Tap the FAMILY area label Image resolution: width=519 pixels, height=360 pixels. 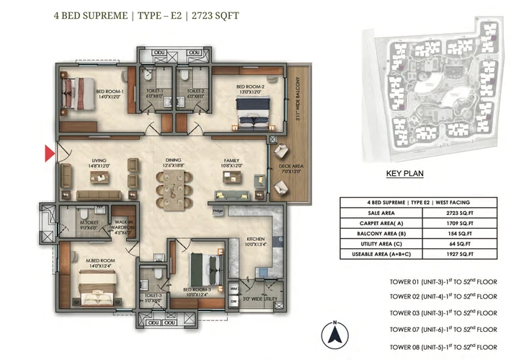pyautogui.click(x=231, y=162)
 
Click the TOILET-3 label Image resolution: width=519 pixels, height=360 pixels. pyautogui.click(x=153, y=295)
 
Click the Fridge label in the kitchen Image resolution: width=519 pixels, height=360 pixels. pyautogui.click(x=218, y=211)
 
